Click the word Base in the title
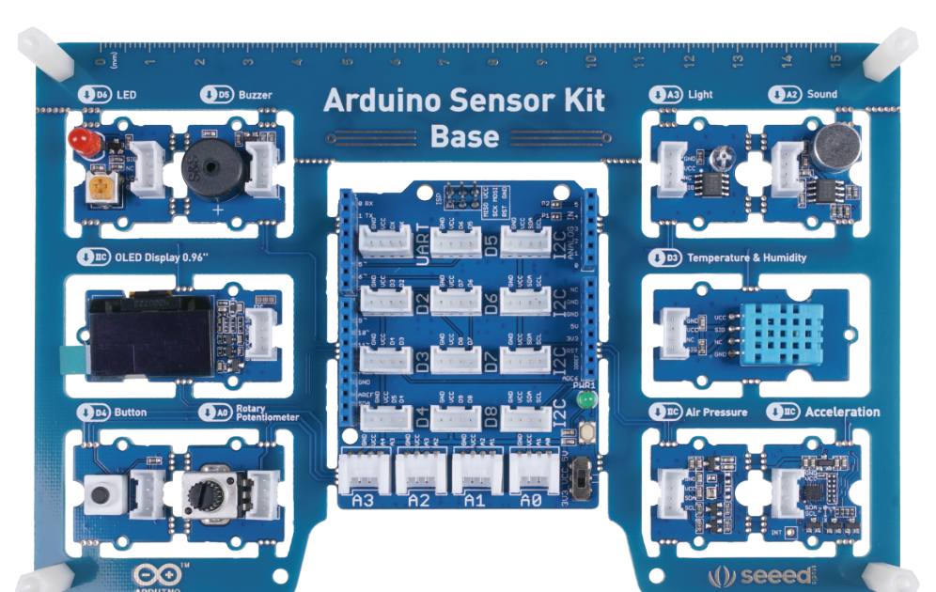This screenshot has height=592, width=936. coord(464,136)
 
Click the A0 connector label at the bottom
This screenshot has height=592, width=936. coord(530,501)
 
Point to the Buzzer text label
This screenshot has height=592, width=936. coord(256,95)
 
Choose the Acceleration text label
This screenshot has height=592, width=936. coord(842,412)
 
